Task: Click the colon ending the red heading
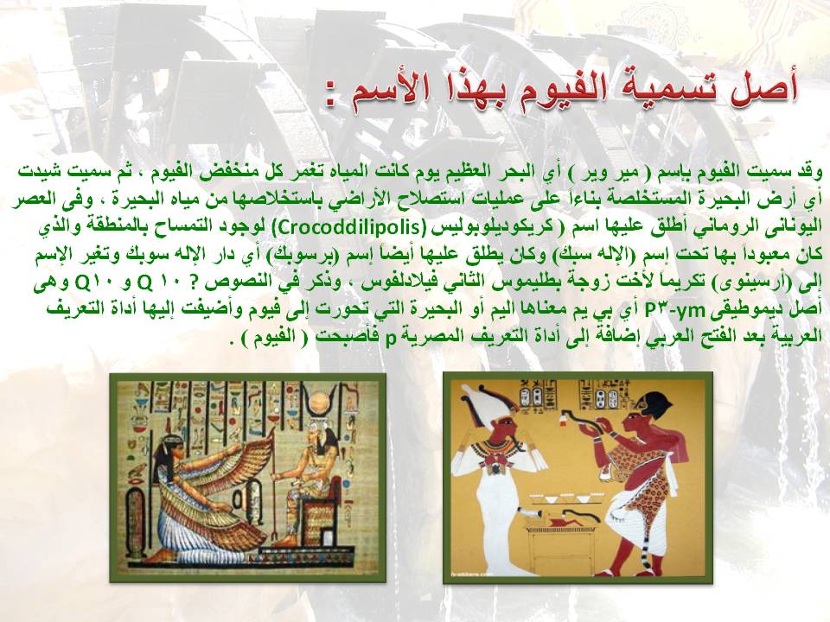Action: (332, 98)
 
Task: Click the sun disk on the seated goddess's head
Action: (320, 404)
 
